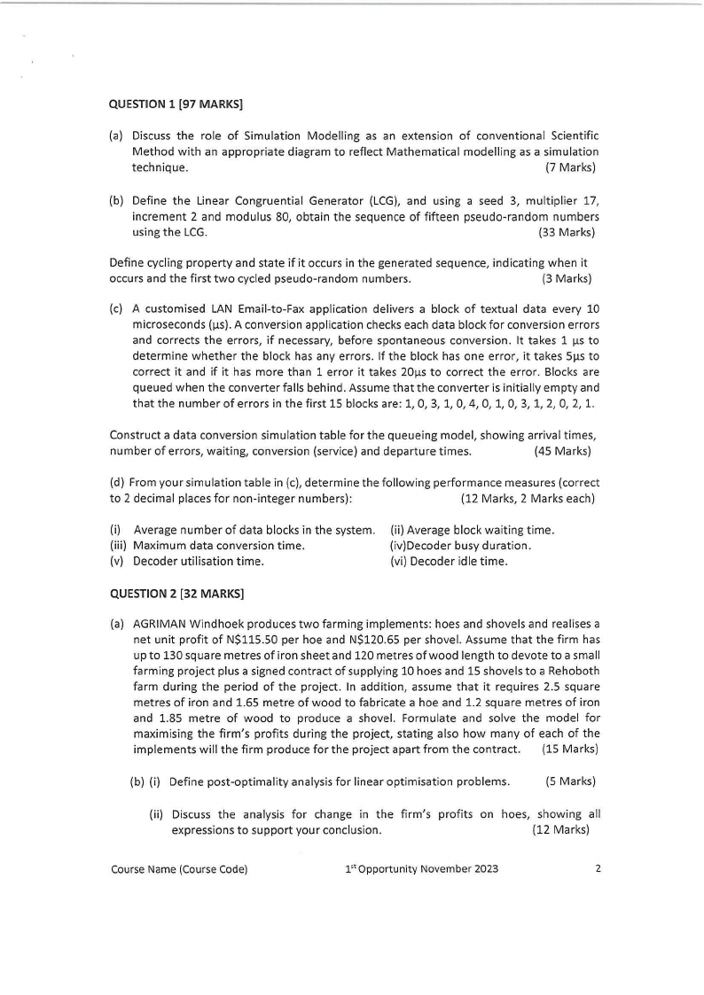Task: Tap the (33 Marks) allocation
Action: [x=566, y=233]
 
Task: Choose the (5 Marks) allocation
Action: [x=570, y=781]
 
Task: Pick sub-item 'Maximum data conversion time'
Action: [x=219, y=546]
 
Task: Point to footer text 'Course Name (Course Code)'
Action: [x=178, y=869]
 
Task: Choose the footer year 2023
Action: [x=483, y=869]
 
